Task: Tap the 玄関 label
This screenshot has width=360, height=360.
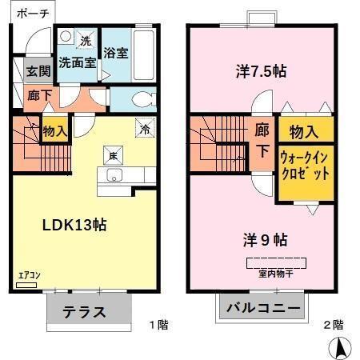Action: point(38,70)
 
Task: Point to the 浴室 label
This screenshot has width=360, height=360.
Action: point(117,54)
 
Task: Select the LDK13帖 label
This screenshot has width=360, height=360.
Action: point(74,225)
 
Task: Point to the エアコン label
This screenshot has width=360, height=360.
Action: point(30,275)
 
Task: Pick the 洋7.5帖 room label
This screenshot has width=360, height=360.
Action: point(262,70)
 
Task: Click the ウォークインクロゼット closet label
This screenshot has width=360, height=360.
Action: point(304,166)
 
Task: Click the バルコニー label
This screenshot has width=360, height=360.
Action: point(262,309)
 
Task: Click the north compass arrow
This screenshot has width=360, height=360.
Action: point(340,347)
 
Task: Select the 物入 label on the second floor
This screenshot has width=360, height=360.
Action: point(306,130)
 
